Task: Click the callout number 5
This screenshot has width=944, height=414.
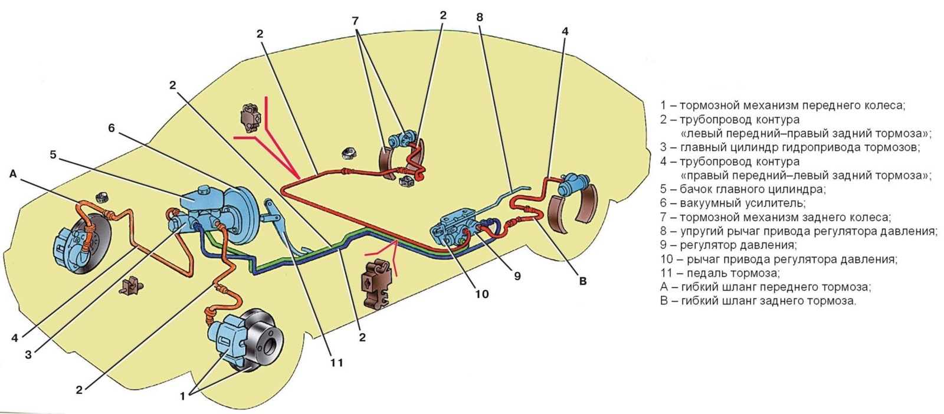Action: [x=53, y=155]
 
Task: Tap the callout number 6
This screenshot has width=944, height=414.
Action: [x=112, y=127]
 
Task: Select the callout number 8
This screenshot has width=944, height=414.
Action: [x=480, y=17]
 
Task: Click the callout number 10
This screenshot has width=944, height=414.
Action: [x=482, y=294]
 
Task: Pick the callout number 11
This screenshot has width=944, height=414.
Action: [x=336, y=363]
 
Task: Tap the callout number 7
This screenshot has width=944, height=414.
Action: [x=355, y=21]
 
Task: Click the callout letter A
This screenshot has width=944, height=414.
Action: [x=13, y=174]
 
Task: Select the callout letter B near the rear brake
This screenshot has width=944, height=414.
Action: [x=583, y=281]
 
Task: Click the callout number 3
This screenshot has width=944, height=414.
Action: [x=28, y=354]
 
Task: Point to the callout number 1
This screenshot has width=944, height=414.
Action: [x=183, y=396]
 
